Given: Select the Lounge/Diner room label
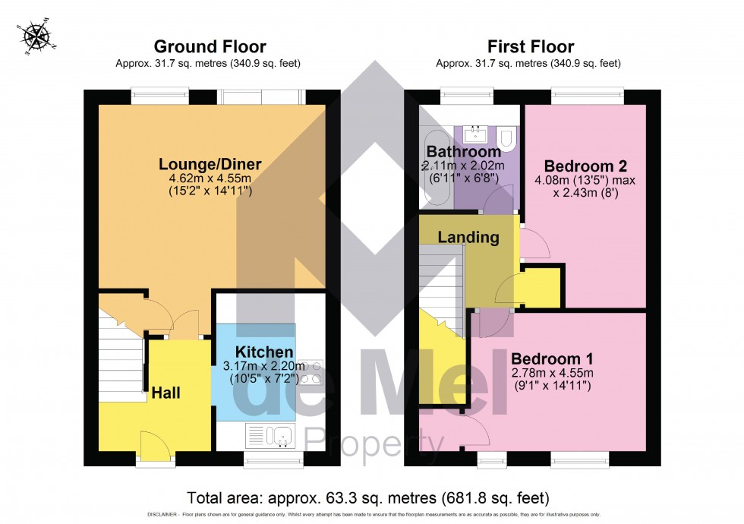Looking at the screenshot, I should pos(210,164).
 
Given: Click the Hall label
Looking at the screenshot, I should pos(166,393).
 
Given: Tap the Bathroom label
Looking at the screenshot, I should pos(463,151).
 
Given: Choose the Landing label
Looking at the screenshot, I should pos(468,237).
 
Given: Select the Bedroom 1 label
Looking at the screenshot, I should pos(552,358).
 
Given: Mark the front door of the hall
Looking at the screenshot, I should pos(156,446).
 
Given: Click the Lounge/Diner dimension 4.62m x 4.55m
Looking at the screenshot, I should pos(210,178).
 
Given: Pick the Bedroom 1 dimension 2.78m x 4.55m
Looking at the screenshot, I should pos(552,373).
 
